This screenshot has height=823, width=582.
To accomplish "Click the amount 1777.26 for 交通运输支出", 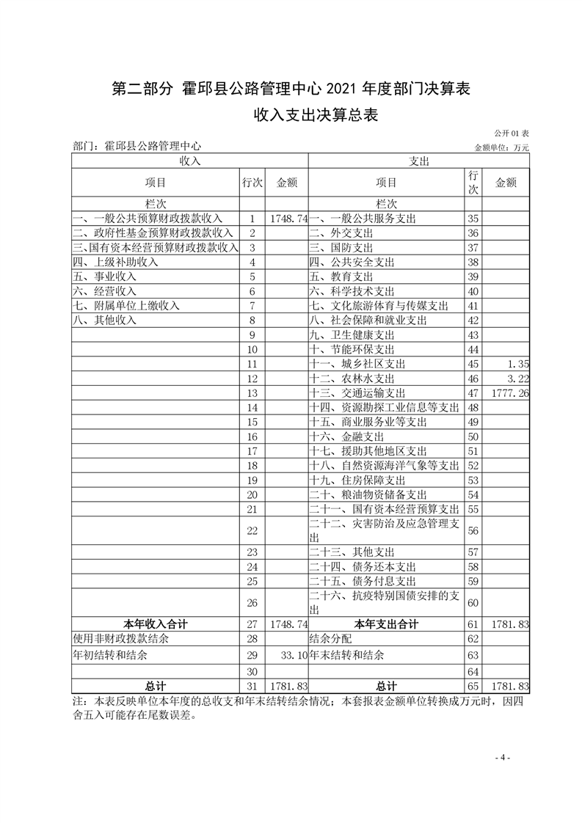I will click(509, 393).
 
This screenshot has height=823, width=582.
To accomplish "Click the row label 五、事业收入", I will click(104, 277).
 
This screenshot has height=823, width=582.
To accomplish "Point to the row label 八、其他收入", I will click(104, 320).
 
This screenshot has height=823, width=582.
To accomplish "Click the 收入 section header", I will click(189, 161).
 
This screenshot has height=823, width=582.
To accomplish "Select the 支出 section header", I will click(418, 161).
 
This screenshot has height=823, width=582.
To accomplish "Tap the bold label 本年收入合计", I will click(156, 624).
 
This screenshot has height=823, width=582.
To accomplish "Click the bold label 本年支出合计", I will click(386, 624).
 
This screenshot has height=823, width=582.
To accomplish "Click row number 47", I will click(473, 393).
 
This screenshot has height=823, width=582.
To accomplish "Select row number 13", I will click(252, 393).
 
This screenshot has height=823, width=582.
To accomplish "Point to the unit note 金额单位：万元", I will click(502, 147).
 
